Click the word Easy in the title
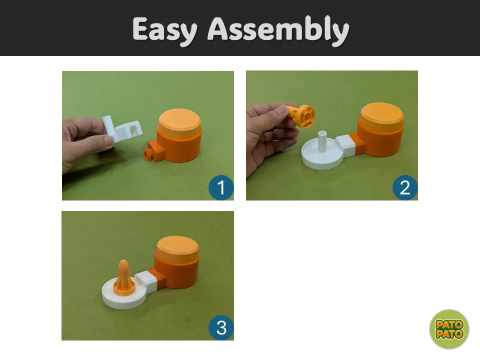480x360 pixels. [166, 30]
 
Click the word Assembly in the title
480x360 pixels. [278, 30]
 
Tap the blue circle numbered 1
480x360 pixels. [220, 187]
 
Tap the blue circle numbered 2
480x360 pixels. [404, 187]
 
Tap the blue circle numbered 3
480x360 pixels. [220, 328]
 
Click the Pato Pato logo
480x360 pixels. [449, 329]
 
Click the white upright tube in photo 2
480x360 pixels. [322, 143]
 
